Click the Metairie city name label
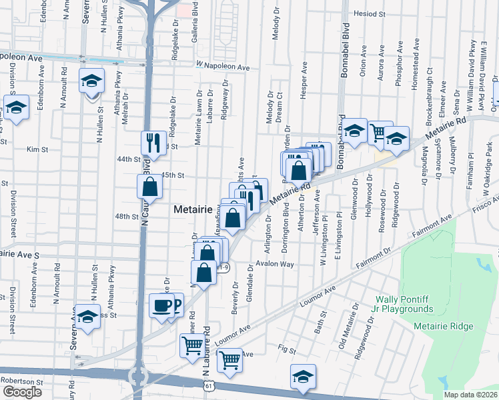click(x=192, y=209)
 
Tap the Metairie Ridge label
click(x=443, y=326)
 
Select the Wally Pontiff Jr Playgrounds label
click(x=404, y=304)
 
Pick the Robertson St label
click(x=21, y=382)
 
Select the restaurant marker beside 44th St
click(x=153, y=143)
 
